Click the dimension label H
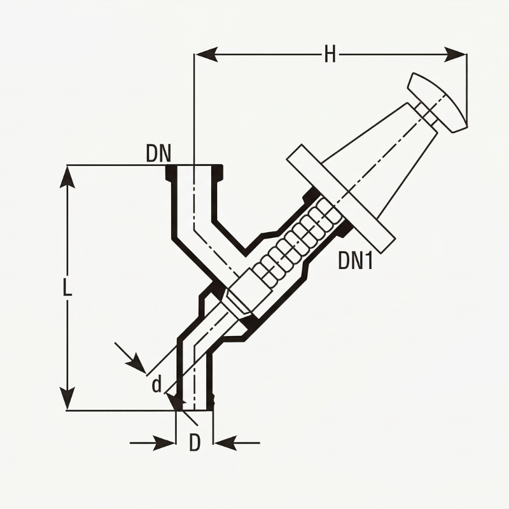[x=330, y=55]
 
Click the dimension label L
[x=67, y=288]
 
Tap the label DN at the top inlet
[x=159, y=153]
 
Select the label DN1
[x=355, y=261]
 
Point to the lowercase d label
[x=157, y=384]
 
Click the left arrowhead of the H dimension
[x=206, y=55]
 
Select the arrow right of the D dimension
[x=224, y=442]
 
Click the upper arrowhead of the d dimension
[x=137, y=363]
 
